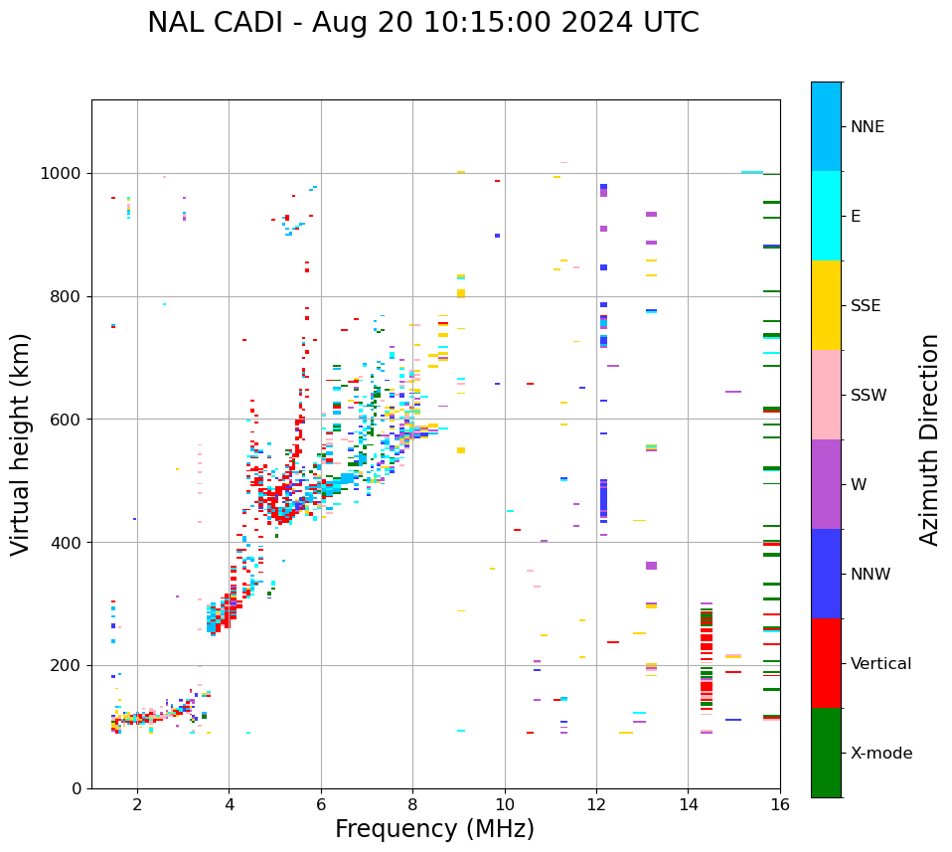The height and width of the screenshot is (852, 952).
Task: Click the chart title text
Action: (423, 23)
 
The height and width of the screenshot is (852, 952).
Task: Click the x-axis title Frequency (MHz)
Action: (434, 829)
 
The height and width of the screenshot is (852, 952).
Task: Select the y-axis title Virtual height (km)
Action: (22, 443)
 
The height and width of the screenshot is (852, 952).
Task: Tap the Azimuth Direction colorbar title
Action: (929, 438)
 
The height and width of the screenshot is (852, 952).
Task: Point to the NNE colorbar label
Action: (867, 127)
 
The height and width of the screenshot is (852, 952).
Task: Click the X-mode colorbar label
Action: (881, 754)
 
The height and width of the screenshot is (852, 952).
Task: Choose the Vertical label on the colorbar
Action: (880, 664)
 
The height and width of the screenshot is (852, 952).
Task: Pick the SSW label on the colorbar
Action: (869, 396)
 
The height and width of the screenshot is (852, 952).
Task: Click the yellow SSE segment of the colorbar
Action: (826, 304)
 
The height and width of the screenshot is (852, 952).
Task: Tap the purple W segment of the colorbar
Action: (826, 484)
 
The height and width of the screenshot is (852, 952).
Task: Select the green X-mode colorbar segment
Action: (826, 753)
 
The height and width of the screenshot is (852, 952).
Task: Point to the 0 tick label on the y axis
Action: (76, 788)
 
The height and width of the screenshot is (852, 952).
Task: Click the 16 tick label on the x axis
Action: (780, 804)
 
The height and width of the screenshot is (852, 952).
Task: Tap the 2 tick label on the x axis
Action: (137, 804)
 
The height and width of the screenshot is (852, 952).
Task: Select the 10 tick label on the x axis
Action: (505, 804)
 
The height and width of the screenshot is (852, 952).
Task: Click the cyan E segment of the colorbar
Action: (826, 215)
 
